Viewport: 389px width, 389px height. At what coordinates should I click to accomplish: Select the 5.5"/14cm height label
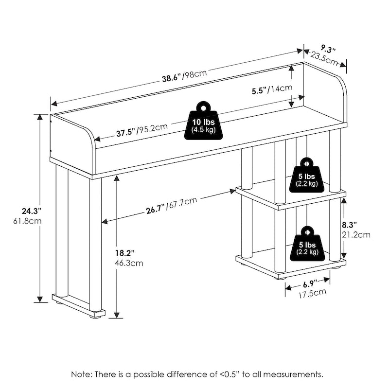[272, 89]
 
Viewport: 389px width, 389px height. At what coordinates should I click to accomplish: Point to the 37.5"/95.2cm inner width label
[141, 130]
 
